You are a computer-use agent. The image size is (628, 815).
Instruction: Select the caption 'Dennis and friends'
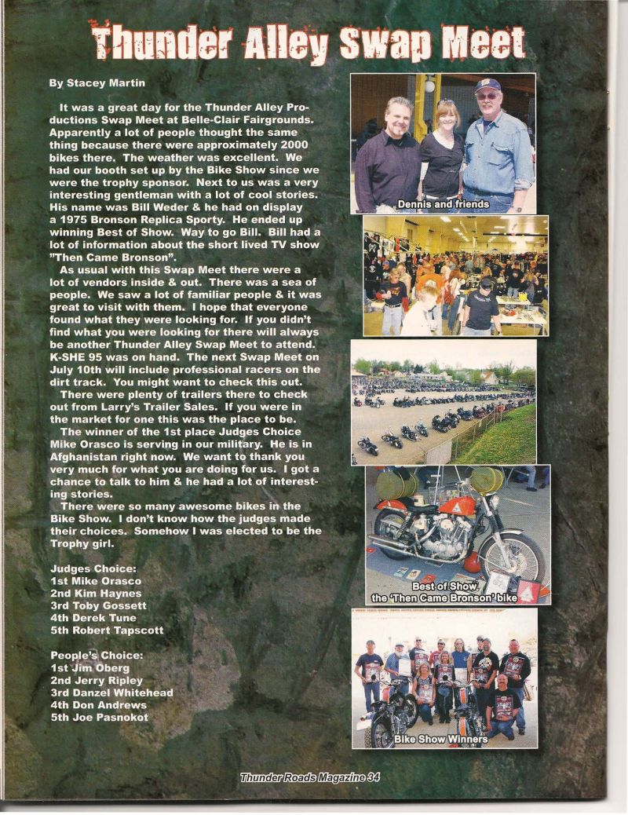point(444,204)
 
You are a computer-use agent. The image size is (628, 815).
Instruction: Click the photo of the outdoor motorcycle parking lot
point(444,400)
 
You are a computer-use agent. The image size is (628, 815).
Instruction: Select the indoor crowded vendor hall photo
point(455,275)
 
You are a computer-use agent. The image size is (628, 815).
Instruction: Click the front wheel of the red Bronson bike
point(513,554)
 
